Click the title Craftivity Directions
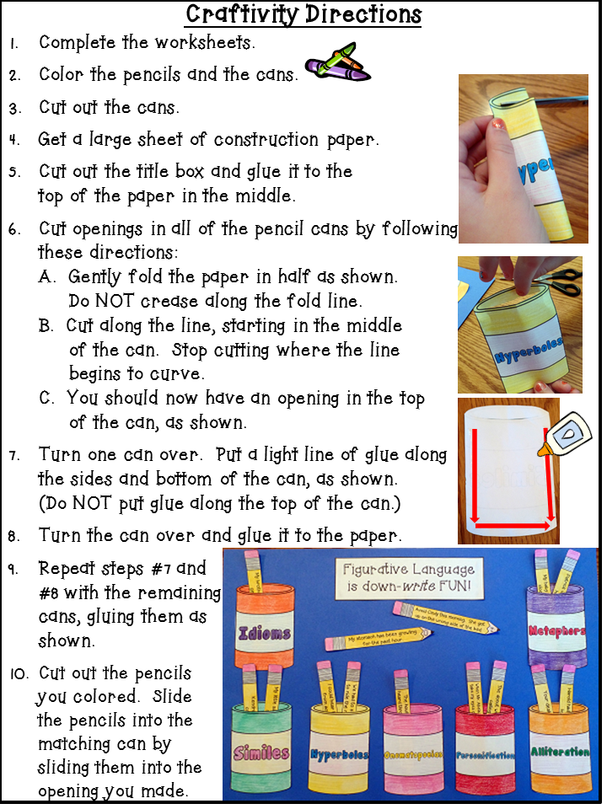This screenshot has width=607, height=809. pos(303,14)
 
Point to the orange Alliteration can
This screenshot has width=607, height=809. pos(559,753)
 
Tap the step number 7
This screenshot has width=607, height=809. pos(13,455)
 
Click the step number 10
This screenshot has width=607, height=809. pos(16,673)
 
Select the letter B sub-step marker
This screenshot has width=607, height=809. pos(45,326)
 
